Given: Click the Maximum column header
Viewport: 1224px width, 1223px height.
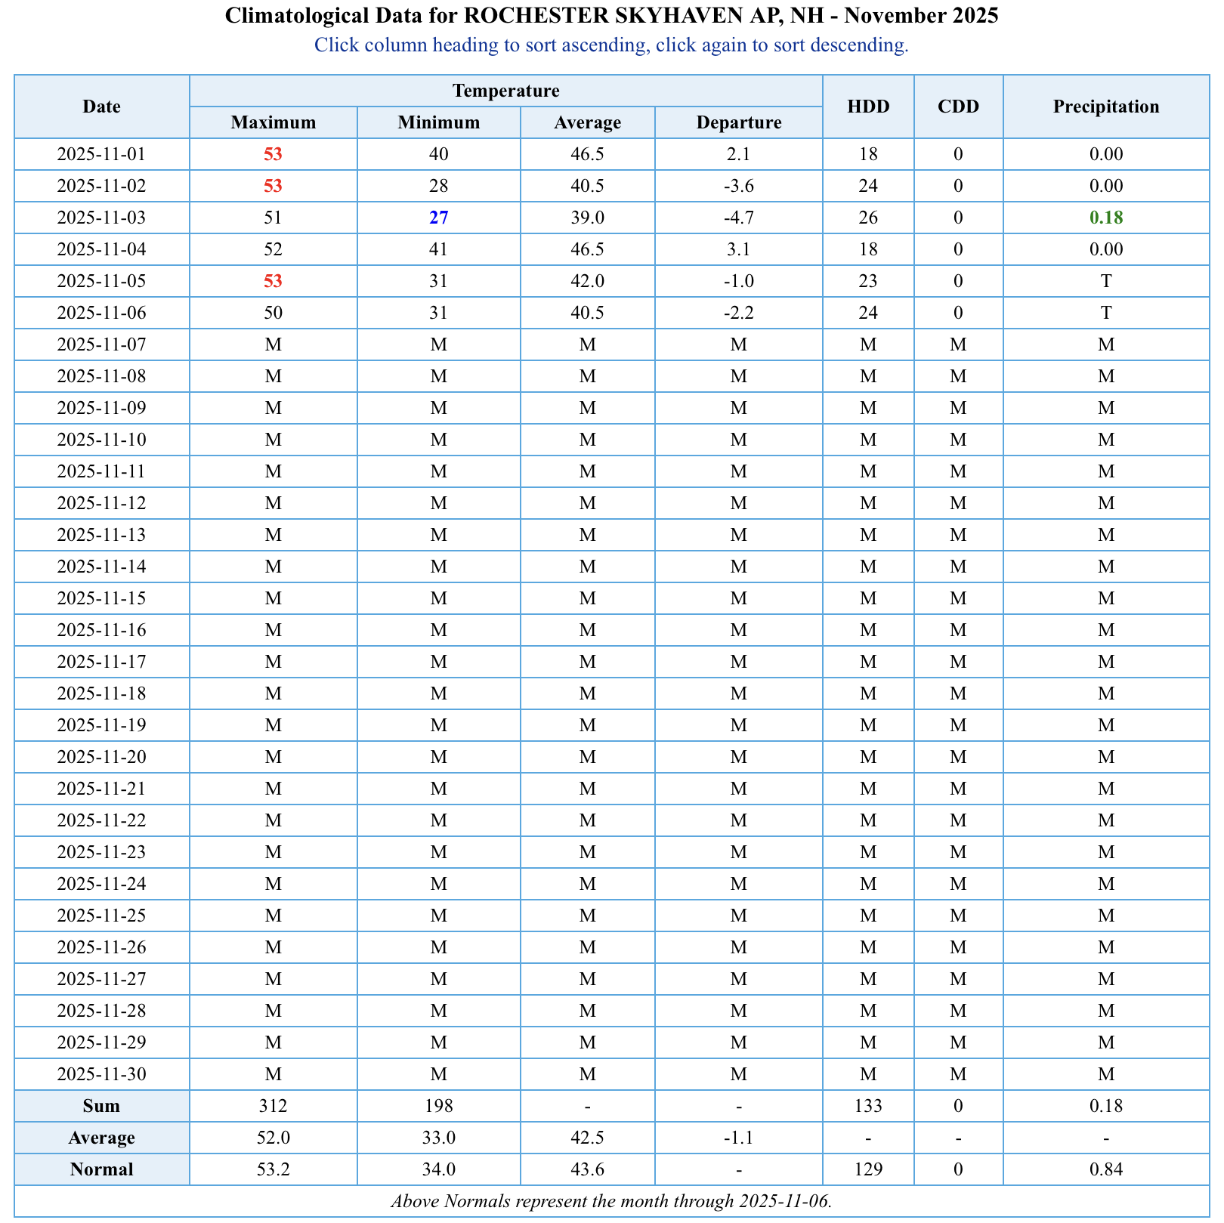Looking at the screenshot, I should tap(273, 122).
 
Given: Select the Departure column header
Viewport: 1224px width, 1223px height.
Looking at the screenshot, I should tap(738, 122).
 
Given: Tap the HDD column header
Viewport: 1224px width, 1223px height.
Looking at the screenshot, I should tap(868, 107).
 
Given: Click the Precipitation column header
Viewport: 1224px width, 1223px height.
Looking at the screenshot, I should tap(1105, 107).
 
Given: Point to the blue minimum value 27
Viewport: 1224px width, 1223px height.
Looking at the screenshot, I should tap(438, 218).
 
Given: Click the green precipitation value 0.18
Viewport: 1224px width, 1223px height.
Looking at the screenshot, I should tap(1105, 218).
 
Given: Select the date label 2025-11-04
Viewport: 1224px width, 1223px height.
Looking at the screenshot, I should tap(101, 249).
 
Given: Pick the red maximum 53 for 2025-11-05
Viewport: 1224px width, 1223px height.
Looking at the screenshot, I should tap(273, 281).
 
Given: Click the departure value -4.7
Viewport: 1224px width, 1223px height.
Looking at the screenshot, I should tap(738, 218).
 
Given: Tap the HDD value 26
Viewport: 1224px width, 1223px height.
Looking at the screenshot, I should tap(868, 218).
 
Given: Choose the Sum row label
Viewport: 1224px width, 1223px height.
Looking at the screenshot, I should tap(101, 1106).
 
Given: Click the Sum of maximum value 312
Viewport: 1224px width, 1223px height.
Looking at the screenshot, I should tap(273, 1106).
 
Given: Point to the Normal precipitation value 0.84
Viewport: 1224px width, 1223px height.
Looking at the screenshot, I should tap(1105, 1169).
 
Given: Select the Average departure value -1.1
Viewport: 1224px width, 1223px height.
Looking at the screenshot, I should tap(738, 1138).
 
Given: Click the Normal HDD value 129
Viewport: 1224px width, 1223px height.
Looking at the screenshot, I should tap(868, 1169).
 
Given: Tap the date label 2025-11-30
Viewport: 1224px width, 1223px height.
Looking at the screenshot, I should tap(101, 1074).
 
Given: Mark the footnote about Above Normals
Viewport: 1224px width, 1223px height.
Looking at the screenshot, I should tap(611, 1201).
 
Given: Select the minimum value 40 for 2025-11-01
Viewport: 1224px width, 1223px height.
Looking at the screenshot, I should tap(438, 154).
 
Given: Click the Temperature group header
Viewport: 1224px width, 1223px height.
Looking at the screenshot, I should tap(505, 91).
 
